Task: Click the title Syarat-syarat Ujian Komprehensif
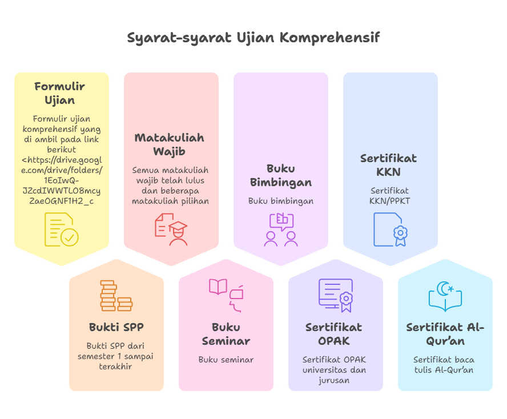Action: [x=253, y=38]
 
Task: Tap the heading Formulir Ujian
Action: [x=60, y=93]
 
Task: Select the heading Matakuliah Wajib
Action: [x=170, y=144]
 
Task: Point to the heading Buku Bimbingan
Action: [x=281, y=175]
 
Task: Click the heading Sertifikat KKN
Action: [x=388, y=165]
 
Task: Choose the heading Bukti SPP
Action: [x=116, y=327]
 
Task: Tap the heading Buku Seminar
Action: [x=226, y=334]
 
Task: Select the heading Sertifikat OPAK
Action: [x=333, y=334]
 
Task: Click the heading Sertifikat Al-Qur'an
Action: [x=445, y=334]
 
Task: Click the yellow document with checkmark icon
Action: [x=62, y=229]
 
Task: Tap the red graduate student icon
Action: [x=171, y=229]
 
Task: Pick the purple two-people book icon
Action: [x=281, y=229]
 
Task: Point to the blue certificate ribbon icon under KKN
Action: [x=391, y=229]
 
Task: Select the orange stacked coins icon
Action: [x=116, y=296]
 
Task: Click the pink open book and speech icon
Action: [x=226, y=296]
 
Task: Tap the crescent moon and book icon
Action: [x=445, y=296]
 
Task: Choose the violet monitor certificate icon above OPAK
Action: [x=336, y=296]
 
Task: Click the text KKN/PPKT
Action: [x=389, y=201]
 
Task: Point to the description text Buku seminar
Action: [x=226, y=360]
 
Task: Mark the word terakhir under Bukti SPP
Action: [x=115, y=366]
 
